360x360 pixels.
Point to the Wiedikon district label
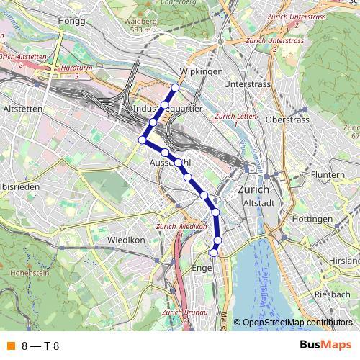point(127,238)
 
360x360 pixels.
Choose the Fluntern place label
point(328,175)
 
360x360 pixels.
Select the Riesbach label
point(332,295)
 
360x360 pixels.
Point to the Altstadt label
point(259,203)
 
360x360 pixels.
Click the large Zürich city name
point(252,189)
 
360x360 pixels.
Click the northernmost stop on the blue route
point(174,88)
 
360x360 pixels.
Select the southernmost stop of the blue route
point(213,253)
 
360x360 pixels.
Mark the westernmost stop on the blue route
point(142,140)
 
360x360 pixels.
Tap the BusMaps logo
point(325,346)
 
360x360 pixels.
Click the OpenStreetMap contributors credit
point(297,323)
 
